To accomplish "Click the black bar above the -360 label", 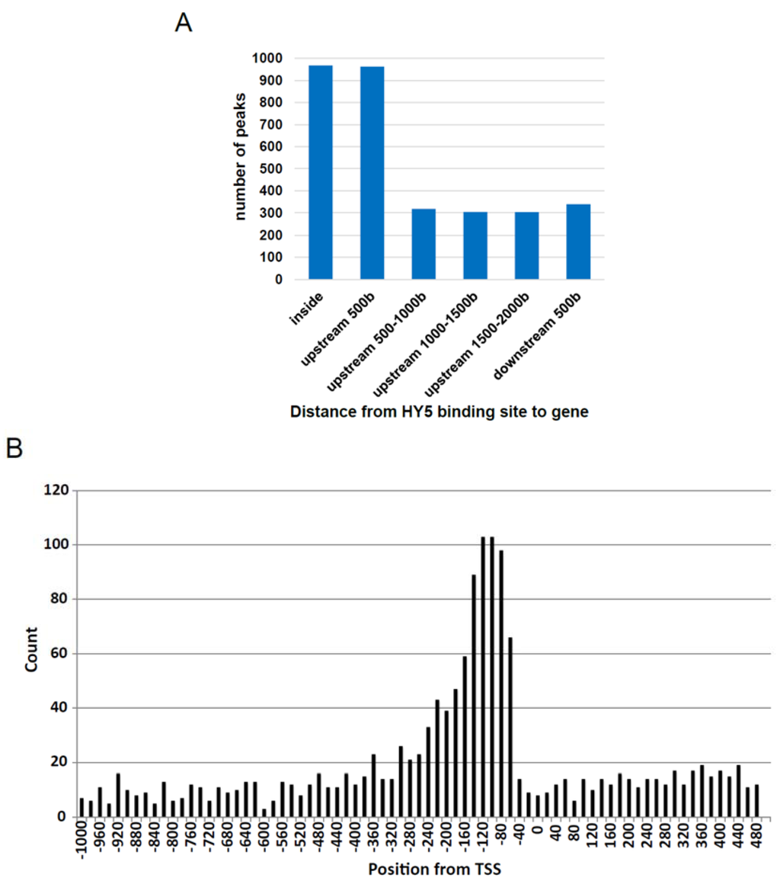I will (374, 785).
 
